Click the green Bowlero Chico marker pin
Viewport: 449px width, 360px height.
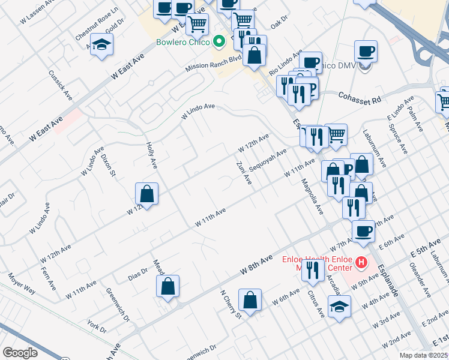219,42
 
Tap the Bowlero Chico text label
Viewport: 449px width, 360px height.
183,42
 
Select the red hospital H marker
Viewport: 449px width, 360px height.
361,262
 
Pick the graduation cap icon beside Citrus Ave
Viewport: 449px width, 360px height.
340,305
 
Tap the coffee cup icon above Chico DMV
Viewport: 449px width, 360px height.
366,51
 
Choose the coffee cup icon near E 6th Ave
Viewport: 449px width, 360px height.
363,230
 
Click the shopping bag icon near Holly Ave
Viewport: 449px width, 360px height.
146,193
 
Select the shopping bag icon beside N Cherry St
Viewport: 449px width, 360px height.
250,300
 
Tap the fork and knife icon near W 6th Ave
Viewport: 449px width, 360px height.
312,271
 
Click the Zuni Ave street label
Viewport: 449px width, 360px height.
243,173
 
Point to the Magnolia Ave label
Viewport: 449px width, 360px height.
312,196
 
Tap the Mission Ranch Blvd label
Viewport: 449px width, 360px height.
213,62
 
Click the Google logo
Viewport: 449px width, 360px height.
20,353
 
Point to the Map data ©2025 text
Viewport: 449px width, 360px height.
423,355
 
